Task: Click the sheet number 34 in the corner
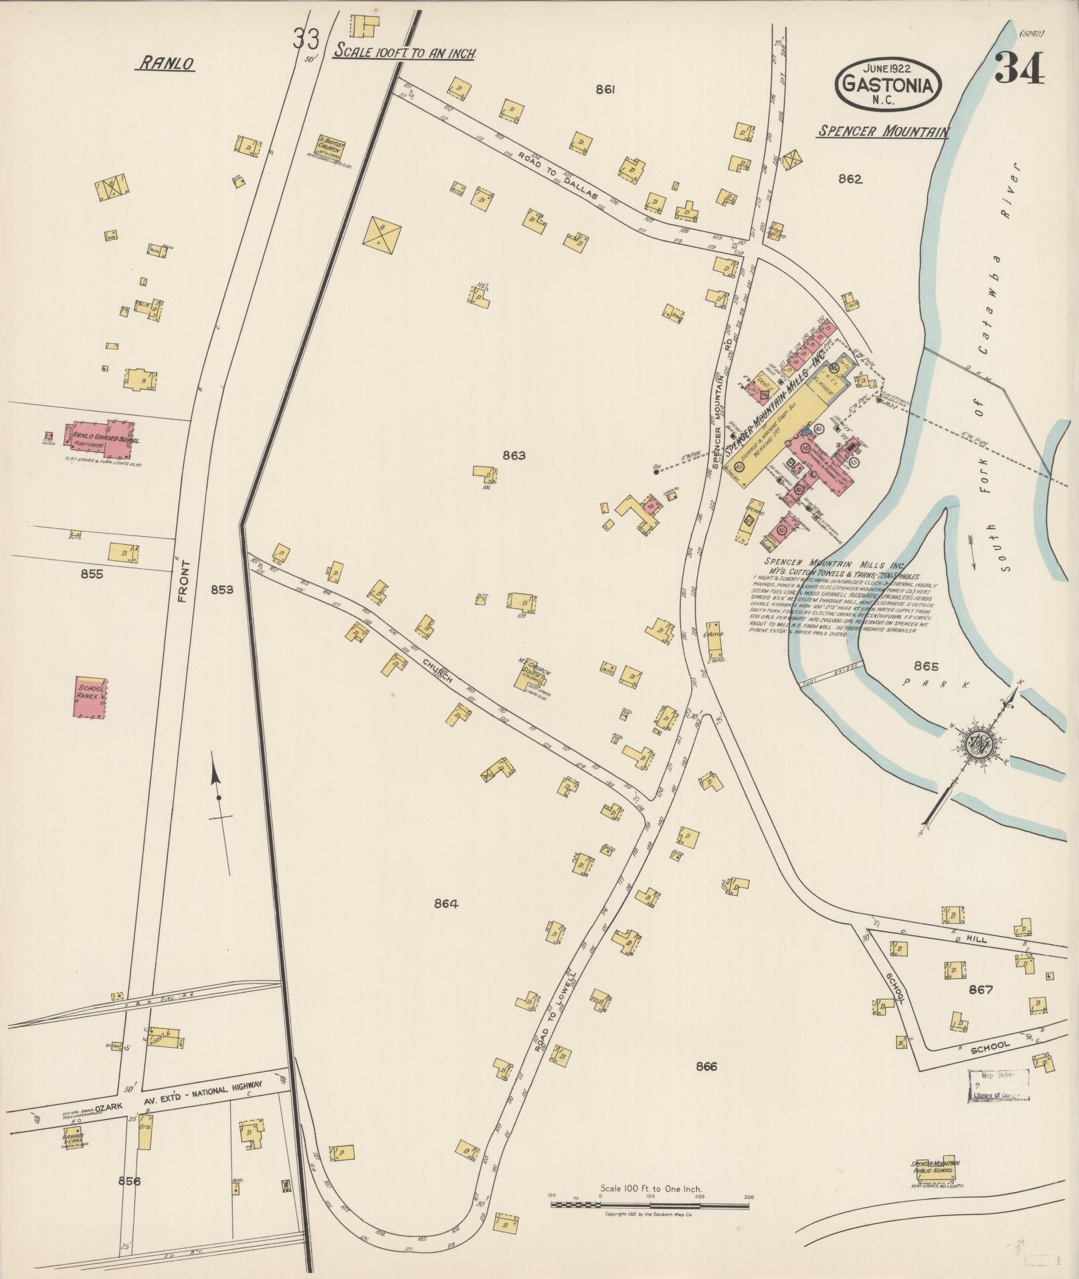coord(1018,70)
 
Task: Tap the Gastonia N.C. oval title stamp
coord(888,84)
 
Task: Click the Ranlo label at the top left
coord(166,64)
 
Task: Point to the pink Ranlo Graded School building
coord(102,434)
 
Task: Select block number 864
coord(446,904)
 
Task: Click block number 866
coord(706,1067)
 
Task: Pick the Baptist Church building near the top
coord(331,147)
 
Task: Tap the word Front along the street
coord(185,582)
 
